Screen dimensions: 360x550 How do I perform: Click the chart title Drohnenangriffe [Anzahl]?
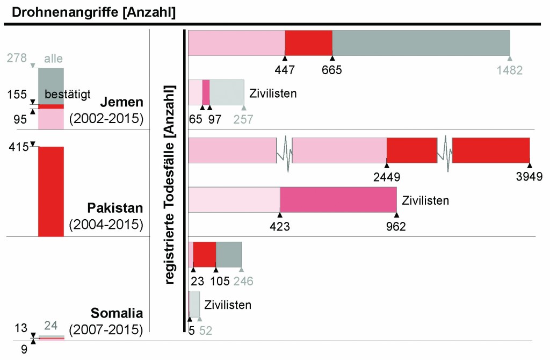pyautogui.click(x=90, y=11)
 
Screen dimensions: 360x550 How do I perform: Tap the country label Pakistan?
pyautogui.click(x=115, y=208)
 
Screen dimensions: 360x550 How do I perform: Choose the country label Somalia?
pyautogui.click(x=117, y=313)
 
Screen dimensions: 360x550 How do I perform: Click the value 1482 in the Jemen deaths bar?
pyautogui.click(x=509, y=70)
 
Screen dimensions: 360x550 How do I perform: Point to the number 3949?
pyautogui.click(x=529, y=176)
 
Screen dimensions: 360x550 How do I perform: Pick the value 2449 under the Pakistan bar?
pyautogui.click(x=386, y=176)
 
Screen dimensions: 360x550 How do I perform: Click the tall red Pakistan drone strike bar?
pyautogui.click(x=51, y=191)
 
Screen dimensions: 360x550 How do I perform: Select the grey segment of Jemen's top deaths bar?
pyautogui.click(x=421, y=43)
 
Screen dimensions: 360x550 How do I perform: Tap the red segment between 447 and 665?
pyautogui.click(x=308, y=43)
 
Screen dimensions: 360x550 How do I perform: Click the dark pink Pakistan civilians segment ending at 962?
pyautogui.click(x=338, y=200)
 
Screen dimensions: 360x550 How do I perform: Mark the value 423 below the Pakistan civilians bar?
pyautogui.click(x=280, y=226)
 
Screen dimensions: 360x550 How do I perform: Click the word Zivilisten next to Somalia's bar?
pyautogui.click(x=228, y=305)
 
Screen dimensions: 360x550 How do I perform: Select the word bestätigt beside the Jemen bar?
pyautogui.click(x=67, y=95)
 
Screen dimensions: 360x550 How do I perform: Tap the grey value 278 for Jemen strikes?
pyautogui.click(x=17, y=57)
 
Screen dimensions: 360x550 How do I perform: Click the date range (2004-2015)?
pyautogui.click(x=106, y=224)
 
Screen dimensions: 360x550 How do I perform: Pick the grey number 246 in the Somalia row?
pyautogui.click(x=242, y=280)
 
